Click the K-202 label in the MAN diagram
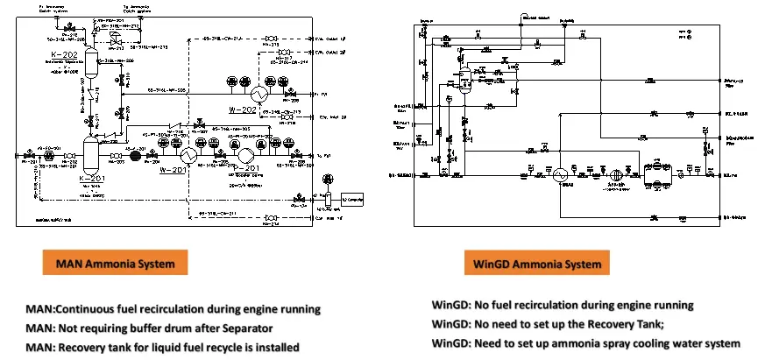[x=67, y=55]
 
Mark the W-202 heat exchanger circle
[x=259, y=94]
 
